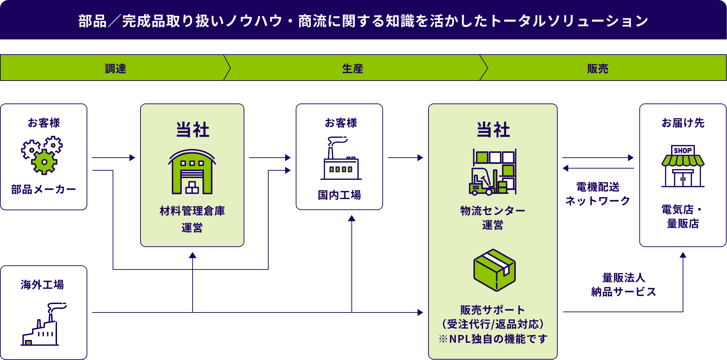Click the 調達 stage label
coord(115,68)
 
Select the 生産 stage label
coord(352,68)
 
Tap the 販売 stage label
coord(597,68)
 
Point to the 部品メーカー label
coord(43,190)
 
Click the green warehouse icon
coord(192,172)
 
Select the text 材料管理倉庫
coord(192,211)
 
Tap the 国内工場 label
coord(339,195)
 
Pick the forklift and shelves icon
coord(493,172)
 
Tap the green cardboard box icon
coord(494,270)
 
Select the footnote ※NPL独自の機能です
coord(493,339)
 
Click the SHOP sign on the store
coord(683,150)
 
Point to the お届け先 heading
coord(683,123)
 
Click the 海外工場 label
coord(42,284)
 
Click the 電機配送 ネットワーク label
coord(598,194)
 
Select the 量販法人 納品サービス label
coord(623,285)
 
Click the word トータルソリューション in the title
coord(569,21)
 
